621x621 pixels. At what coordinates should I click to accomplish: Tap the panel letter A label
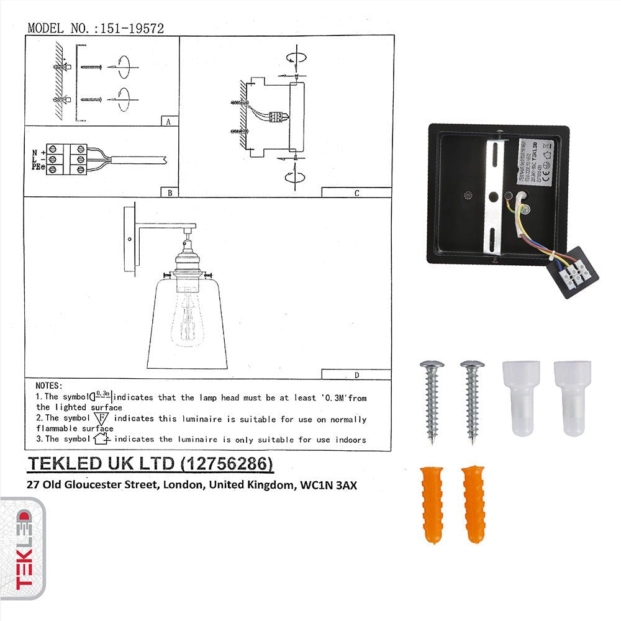[x=168, y=122]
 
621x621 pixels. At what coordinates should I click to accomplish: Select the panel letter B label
[x=169, y=193]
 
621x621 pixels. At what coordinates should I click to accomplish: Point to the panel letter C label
[x=356, y=193]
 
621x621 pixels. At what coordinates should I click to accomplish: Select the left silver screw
[x=432, y=401]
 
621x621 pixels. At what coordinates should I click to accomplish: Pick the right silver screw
[x=472, y=401]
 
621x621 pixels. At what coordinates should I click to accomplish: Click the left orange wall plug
[x=432, y=504]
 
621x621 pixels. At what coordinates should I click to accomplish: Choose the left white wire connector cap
[x=520, y=397]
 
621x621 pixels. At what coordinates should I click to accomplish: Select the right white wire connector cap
[x=572, y=397]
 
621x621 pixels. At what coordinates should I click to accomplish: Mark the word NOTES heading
[x=49, y=386]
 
